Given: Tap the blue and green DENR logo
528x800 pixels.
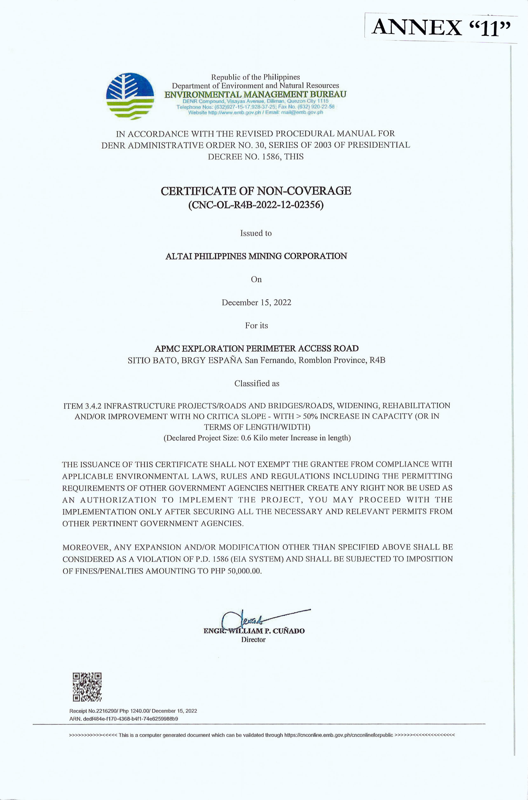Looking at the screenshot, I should [x=130, y=96].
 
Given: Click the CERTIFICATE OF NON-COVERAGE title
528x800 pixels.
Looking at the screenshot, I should [x=256, y=191].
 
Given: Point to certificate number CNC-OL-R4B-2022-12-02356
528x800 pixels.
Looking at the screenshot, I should [x=256, y=205].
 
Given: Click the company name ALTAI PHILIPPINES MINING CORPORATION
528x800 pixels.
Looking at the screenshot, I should [x=256, y=256].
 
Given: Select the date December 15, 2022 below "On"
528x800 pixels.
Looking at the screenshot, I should [x=256, y=302].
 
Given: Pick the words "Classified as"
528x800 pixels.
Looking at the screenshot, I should [x=257, y=383].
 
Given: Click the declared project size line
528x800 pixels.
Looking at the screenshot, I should [x=257, y=438].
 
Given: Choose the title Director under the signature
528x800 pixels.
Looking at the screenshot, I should [x=253, y=639].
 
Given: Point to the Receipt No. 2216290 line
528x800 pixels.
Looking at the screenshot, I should [x=133, y=711].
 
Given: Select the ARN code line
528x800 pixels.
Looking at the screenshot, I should [x=124, y=718].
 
